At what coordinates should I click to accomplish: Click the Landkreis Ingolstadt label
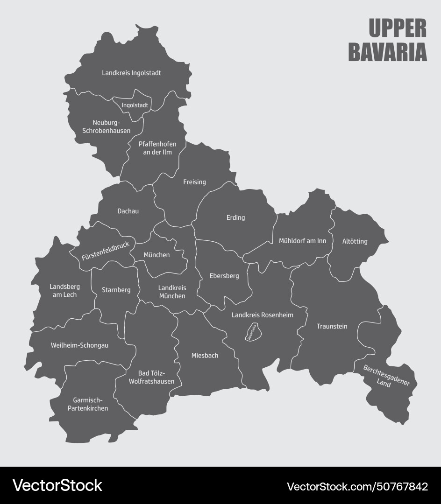[x=131, y=73]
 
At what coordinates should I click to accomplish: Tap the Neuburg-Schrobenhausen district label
[x=106, y=126]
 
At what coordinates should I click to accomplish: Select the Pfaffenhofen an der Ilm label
[x=157, y=148]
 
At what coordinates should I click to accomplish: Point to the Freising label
[x=194, y=182]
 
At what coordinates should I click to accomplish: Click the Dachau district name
[x=128, y=211]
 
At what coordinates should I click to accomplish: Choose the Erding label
[x=235, y=217]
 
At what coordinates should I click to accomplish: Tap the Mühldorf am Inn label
[x=302, y=241]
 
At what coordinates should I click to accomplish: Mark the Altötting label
[x=355, y=241]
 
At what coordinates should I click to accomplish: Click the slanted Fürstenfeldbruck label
[x=105, y=251]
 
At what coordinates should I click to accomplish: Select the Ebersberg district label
[x=224, y=276]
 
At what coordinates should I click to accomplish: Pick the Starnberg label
[x=116, y=290]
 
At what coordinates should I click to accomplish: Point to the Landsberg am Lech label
[x=64, y=291]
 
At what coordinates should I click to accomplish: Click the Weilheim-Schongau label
[x=79, y=345]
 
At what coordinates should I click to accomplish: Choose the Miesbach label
[x=205, y=356]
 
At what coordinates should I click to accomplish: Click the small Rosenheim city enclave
[x=252, y=332]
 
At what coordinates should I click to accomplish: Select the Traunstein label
[x=332, y=326]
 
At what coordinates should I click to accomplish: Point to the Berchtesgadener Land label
[x=386, y=376]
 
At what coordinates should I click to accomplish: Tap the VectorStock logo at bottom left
[x=57, y=485]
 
